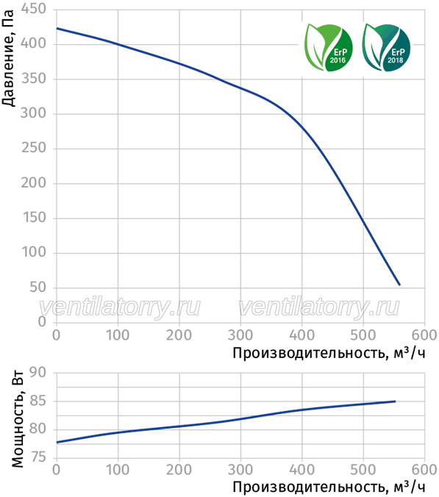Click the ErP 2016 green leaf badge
[329, 47]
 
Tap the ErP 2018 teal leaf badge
[386, 47]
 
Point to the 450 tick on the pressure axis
[34, 9]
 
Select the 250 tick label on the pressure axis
[34, 148]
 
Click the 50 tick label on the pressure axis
[38, 287]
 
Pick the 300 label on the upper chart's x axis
[240, 335]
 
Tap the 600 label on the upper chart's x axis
[424, 335]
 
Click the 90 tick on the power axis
[38, 373]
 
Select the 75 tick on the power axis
[38, 457]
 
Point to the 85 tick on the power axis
[38, 401]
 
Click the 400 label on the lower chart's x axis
[301, 470]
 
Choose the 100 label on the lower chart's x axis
[118, 470]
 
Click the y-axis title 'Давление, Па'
[8, 58]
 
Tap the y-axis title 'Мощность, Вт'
[18, 418]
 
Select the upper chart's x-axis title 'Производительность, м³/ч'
[329, 353]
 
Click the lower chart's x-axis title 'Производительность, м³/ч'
[329, 487]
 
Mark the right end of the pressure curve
[400, 285]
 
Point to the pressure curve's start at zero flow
[57, 29]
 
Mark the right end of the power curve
[395, 401]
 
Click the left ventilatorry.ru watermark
[120, 307]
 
